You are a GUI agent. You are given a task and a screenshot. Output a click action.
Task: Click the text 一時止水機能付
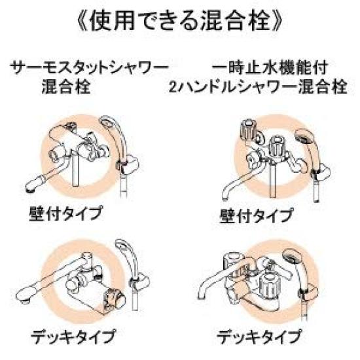point(271,68)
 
